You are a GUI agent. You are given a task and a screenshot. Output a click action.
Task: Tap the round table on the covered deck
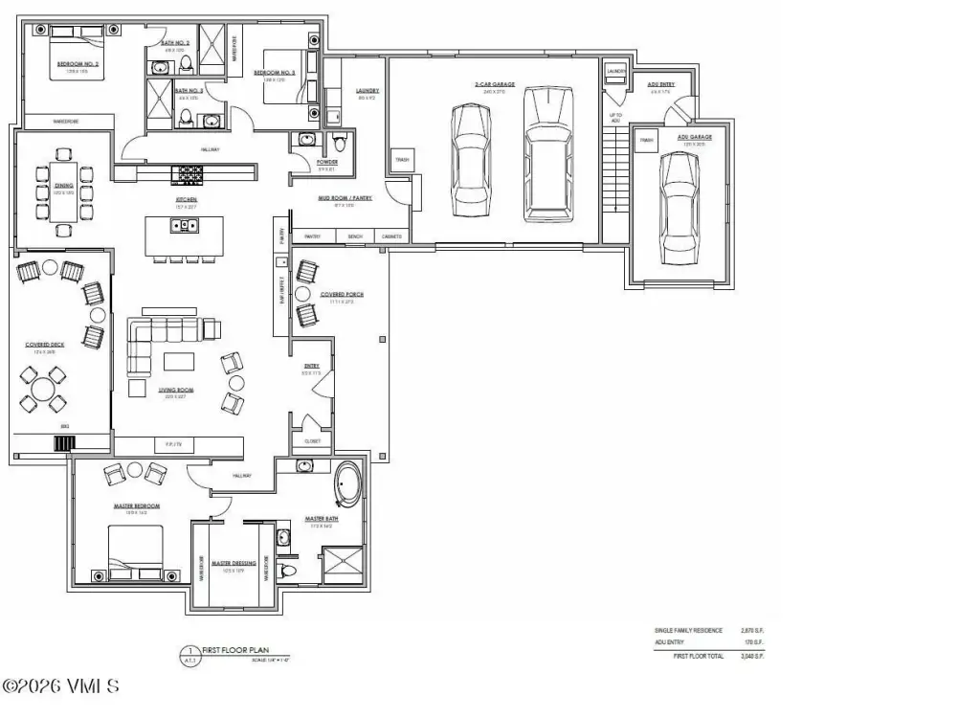pyautogui.click(x=42, y=390)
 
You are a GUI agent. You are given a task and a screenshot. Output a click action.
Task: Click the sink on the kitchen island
pyautogui.click(x=182, y=226)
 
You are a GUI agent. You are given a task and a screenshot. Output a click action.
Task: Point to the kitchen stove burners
pyautogui.click(x=187, y=173)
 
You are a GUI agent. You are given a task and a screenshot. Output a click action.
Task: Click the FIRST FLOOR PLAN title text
pyautogui.click(x=226, y=649)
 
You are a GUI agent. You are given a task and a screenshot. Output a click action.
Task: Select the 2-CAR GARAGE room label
pyautogui.click(x=495, y=84)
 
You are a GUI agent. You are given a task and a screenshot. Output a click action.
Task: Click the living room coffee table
pyautogui.click(x=179, y=362)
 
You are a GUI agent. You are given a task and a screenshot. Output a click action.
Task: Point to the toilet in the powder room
pyautogui.click(x=338, y=145)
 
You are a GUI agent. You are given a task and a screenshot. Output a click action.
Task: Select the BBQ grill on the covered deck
pyautogui.click(x=64, y=443)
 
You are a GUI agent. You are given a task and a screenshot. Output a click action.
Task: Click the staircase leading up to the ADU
pyautogui.click(x=614, y=176)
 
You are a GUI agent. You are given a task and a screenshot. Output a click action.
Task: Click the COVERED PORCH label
pyautogui.click(x=341, y=294)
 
